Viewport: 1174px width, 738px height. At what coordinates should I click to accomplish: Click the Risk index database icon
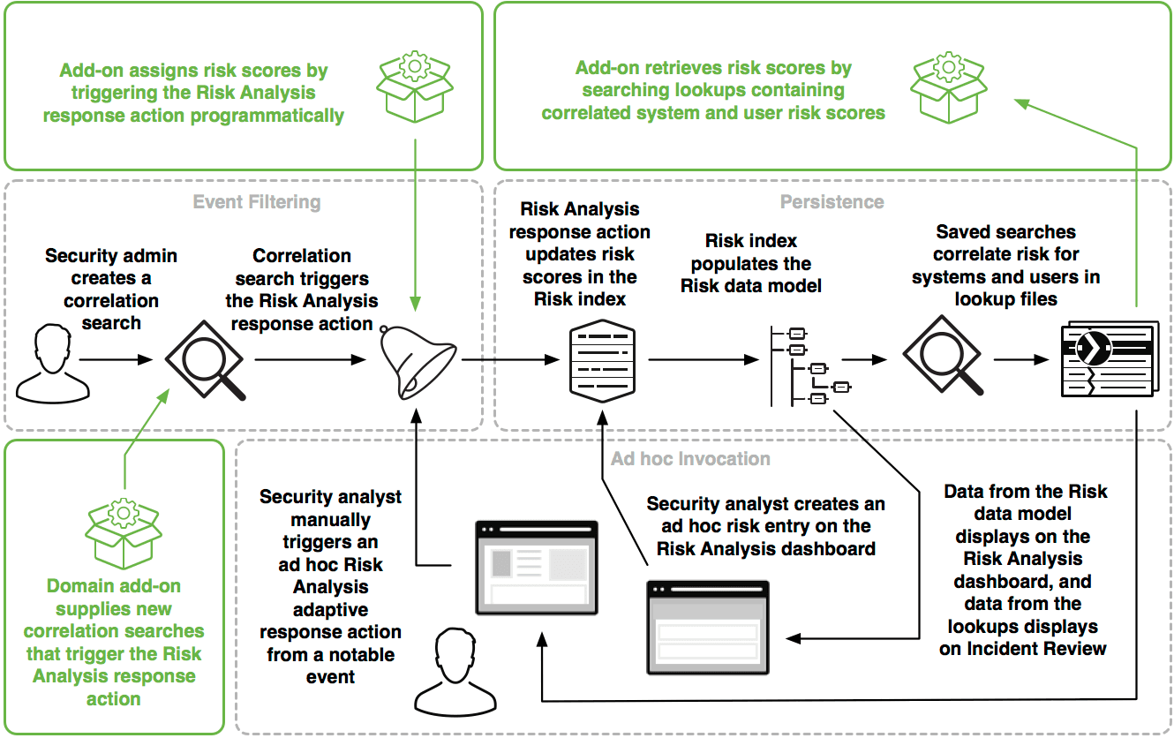(x=602, y=360)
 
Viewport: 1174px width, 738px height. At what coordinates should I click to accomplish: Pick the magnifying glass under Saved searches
(x=942, y=360)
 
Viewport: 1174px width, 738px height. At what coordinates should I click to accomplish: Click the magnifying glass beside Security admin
(x=206, y=360)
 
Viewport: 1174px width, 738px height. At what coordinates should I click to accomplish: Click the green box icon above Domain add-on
(x=124, y=533)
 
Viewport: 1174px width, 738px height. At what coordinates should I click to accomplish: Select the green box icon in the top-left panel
(x=414, y=86)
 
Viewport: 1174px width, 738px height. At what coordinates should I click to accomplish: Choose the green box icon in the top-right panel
(x=949, y=86)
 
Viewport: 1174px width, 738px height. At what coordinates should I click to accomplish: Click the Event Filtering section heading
(x=257, y=202)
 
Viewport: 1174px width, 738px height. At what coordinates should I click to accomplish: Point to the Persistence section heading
(x=832, y=202)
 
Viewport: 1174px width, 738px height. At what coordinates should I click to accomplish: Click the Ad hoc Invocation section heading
(x=690, y=459)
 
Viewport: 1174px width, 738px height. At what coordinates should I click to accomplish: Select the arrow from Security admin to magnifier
(x=115, y=360)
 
